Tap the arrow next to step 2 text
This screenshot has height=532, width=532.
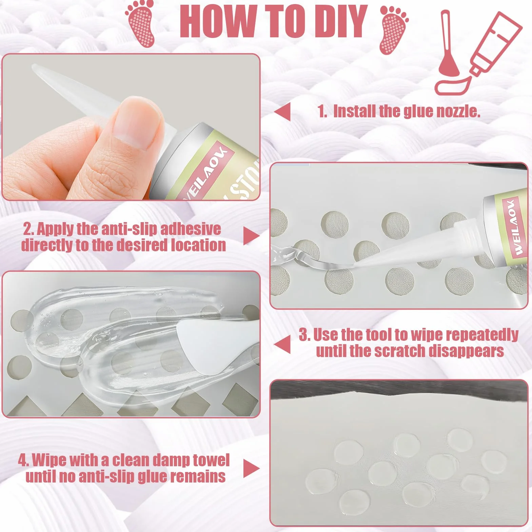pyautogui.click(x=251, y=236)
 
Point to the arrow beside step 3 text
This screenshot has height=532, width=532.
pyautogui.click(x=282, y=344)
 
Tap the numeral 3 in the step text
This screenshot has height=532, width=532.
pyautogui.click(x=304, y=335)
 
